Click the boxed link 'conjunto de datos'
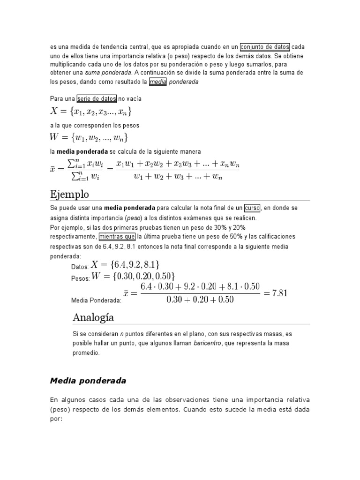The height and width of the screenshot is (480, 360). click(x=265, y=47)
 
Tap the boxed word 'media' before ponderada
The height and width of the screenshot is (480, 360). click(x=158, y=82)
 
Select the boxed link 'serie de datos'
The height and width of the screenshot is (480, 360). click(x=97, y=99)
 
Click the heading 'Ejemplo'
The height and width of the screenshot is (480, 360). click(x=69, y=194)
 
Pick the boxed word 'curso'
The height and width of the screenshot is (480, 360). click(x=252, y=207)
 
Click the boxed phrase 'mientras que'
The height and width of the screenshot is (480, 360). click(x=117, y=236)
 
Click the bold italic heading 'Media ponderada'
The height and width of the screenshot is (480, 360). click(x=88, y=381)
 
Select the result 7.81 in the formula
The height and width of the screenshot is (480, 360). click(x=277, y=293)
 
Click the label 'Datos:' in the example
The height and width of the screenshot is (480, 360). click(x=80, y=267)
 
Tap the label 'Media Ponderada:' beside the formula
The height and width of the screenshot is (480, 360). click(x=96, y=301)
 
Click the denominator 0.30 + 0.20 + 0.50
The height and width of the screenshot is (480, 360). click(x=200, y=300)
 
